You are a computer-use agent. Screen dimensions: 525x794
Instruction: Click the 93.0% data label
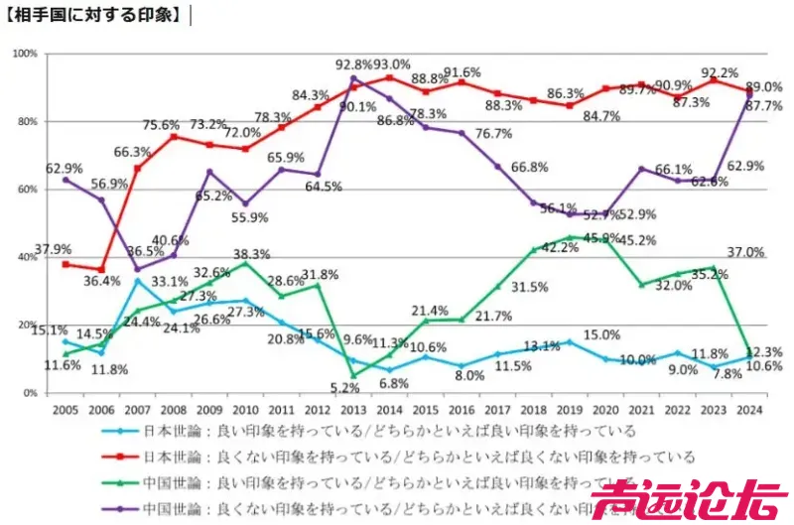coord(391,65)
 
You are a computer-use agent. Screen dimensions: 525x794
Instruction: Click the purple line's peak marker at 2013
coord(354,78)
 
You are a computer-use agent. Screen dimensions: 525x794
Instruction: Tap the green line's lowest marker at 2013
coord(354,375)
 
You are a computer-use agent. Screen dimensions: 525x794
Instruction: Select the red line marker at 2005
coord(66,264)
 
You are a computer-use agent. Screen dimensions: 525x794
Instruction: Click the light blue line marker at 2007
coord(138,281)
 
